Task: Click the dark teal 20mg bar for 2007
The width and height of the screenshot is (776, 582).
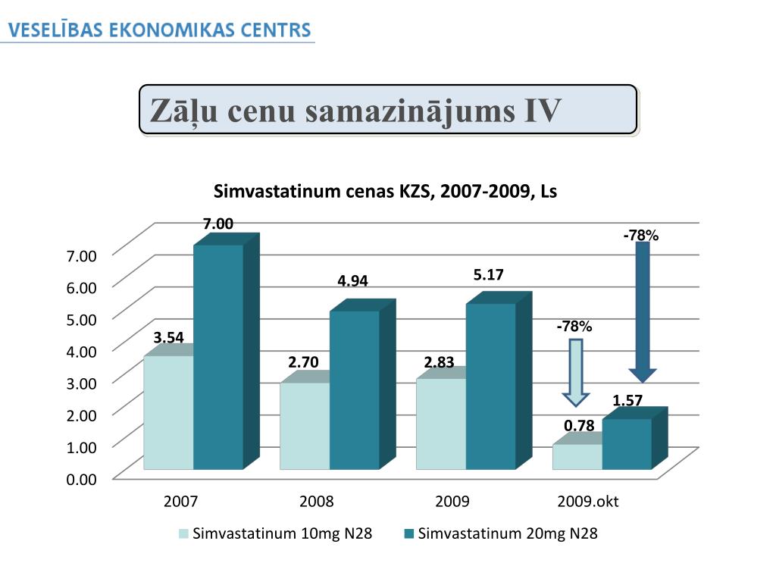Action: click(218, 356)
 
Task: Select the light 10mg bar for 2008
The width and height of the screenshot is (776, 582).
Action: click(305, 425)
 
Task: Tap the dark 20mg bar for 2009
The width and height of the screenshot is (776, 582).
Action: click(490, 386)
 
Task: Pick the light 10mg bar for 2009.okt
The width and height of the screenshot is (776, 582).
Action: click(577, 456)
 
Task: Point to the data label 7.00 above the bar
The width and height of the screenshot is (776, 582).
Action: click(217, 224)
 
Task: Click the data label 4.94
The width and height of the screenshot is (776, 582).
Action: click(352, 281)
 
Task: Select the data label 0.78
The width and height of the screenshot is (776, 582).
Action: click(579, 426)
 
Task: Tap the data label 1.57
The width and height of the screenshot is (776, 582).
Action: click(627, 400)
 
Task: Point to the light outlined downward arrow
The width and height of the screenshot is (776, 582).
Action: click(576, 372)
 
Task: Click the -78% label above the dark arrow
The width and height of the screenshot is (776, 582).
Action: click(641, 236)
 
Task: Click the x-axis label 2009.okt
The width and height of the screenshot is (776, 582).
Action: click(588, 502)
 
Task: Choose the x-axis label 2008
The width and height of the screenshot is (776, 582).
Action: click(317, 502)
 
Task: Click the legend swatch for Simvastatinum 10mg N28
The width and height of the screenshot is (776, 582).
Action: click(184, 534)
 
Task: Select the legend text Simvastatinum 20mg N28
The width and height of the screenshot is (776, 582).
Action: click(508, 534)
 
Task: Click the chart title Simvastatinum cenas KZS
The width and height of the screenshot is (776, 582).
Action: click(385, 192)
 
